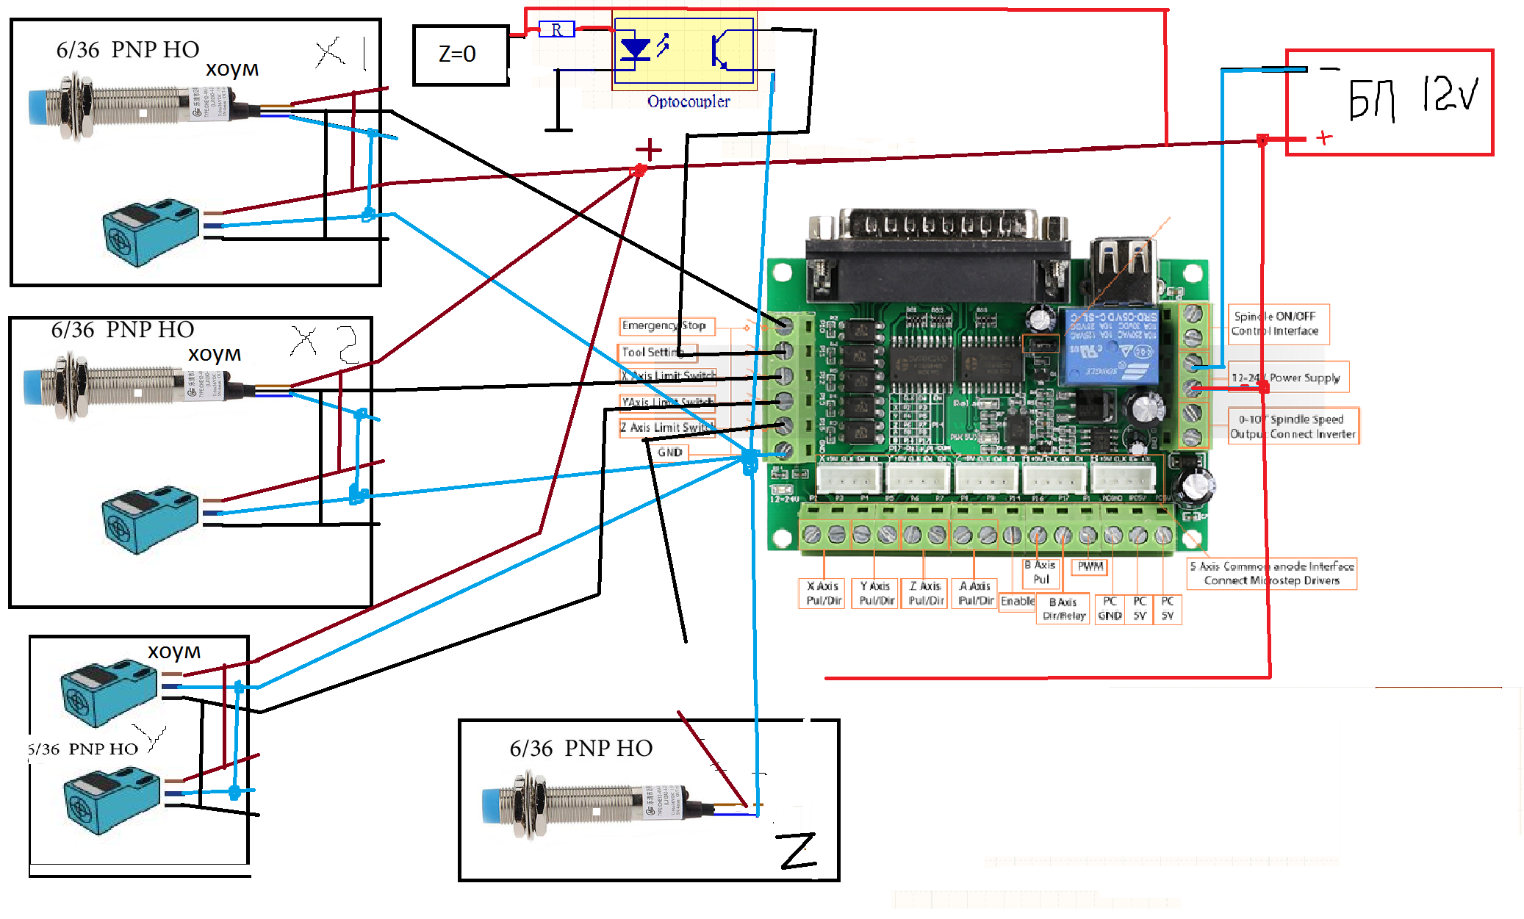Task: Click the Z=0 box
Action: pos(461,55)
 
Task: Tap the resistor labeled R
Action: pos(556,30)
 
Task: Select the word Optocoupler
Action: pos(689,101)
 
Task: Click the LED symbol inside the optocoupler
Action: pos(636,48)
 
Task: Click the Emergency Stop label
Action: pos(664,325)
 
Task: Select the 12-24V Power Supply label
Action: pos(1287,378)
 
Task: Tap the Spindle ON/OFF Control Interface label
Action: pos(1276,324)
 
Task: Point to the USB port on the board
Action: pos(1122,269)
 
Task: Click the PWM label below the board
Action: pos(1090,566)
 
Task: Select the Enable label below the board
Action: pos(1017,601)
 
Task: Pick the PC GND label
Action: pos(1110,608)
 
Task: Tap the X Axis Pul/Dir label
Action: pos(823,593)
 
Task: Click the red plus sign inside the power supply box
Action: pos(1324,137)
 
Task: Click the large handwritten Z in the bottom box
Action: pos(799,851)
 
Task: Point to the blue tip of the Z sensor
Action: pos(490,807)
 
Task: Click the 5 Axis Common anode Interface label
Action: pos(1272,573)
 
